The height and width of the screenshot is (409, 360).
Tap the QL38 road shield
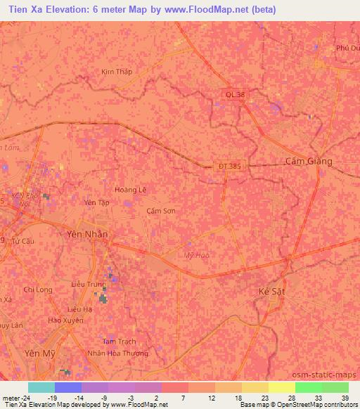click(x=236, y=93)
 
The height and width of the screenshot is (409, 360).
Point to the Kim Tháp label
click(x=116, y=72)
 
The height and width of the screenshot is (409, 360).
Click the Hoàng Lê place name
click(x=129, y=190)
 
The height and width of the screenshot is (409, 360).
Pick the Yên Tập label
click(x=97, y=202)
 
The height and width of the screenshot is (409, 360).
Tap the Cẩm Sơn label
click(x=161, y=211)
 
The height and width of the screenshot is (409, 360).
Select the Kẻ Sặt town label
click(x=272, y=291)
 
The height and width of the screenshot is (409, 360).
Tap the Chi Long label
click(x=38, y=290)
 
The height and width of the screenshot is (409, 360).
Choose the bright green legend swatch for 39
click(x=335, y=387)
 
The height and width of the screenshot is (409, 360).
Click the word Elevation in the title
click(x=67, y=10)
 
